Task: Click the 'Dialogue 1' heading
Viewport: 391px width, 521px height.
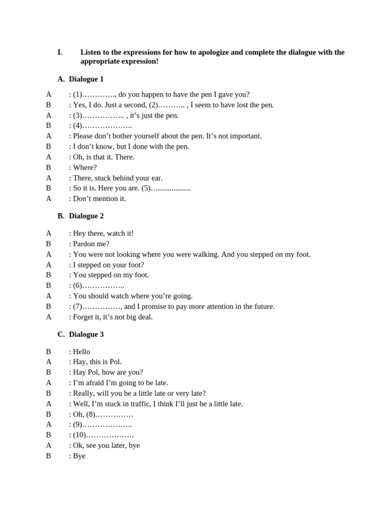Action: [x=86, y=79]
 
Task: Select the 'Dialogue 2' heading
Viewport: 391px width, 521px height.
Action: [x=86, y=216]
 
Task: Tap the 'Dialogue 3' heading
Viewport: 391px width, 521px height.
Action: [x=86, y=334]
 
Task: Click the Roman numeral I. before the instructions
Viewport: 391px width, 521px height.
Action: [x=60, y=52]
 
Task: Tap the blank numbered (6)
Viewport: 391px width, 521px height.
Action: [x=102, y=285]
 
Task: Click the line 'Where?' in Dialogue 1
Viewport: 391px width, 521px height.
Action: [x=85, y=167]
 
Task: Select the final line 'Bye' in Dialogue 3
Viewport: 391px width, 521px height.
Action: [x=79, y=456]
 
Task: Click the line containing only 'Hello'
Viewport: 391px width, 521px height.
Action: [x=81, y=352]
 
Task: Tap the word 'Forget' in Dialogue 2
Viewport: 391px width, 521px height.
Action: [x=85, y=316]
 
